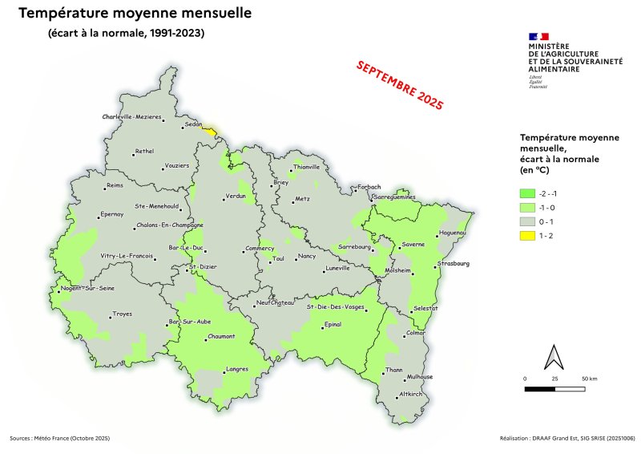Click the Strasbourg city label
(454, 263)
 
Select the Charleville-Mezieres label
(131, 117)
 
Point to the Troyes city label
(122, 314)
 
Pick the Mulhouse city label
(420, 377)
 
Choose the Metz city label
(302, 197)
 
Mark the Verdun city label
(236, 197)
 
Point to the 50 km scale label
(591, 378)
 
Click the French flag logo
(538, 36)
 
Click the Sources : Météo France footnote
(59, 439)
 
